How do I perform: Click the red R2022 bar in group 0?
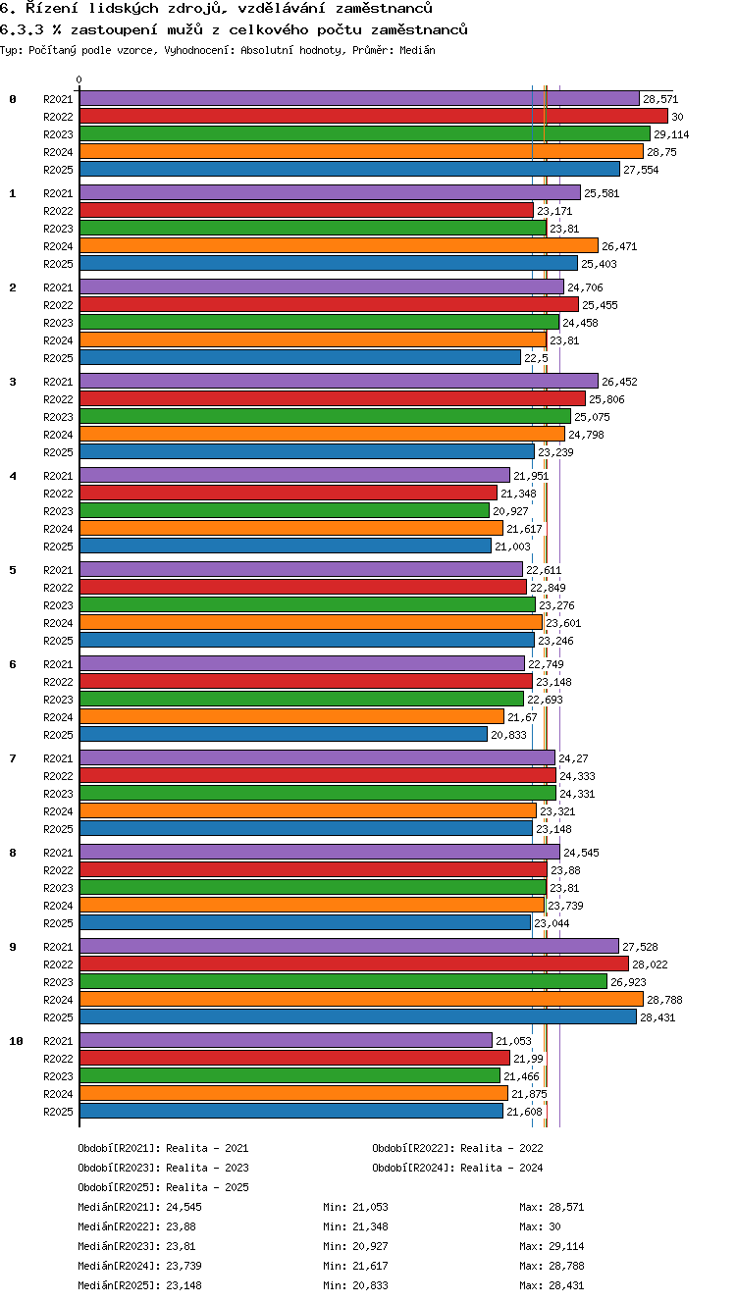click(x=374, y=117)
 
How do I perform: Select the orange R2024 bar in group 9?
click(x=361, y=1000)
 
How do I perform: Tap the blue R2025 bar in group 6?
click(x=284, y=735)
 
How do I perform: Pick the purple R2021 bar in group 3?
click(x=339, y=382)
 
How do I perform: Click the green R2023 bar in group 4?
click(x=285, y=511)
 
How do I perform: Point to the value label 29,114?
click(x=671, y=135)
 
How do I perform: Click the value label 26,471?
click(x=619, y=246)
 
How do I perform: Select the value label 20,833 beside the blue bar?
click(x=508, y=735)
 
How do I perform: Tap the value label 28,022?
click(x=650, y=964)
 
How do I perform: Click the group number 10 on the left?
click(x=16, y=1041)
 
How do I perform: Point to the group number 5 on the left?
click(x=13, y=570)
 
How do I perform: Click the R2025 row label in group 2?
click(x=58, y=358)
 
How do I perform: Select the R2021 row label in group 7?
click(x=58, y=758)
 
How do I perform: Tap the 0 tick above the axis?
click(x=79, y=79)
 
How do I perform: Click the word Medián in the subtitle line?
click(x=417, y=51)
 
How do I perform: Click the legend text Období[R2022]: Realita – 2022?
click(x=457, y=1148)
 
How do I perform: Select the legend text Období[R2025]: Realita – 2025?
click(x=163, y=1187)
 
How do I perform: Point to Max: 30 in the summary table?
click(x=540, y=1226)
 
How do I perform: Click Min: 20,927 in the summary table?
click(x=355, y=1246)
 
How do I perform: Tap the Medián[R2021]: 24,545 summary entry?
click(x=139, y=1207)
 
